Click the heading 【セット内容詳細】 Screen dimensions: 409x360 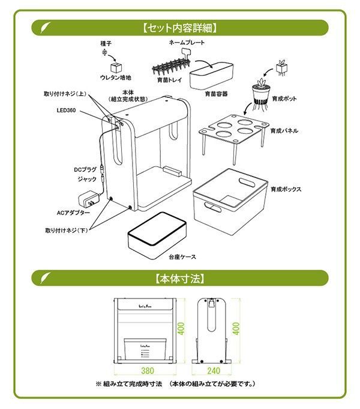point(180,28)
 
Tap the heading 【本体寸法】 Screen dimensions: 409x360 point(180,278)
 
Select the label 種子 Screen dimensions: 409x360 point(106,44)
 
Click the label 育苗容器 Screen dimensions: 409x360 point(216,94)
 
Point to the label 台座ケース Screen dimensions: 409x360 point(182,256)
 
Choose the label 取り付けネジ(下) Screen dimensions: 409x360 point(66,230)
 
